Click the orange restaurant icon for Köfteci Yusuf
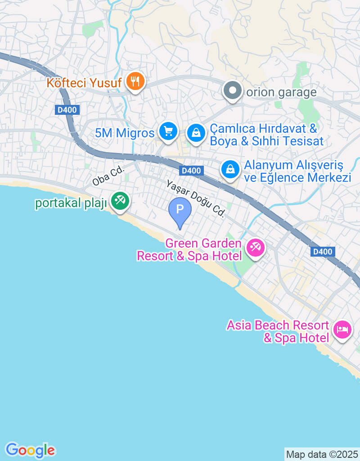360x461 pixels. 135,82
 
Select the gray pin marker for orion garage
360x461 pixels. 233,91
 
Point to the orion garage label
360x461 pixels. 282,92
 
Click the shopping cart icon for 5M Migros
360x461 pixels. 168,132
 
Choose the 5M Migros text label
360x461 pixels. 125,133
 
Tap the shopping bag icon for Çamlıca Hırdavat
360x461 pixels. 196,133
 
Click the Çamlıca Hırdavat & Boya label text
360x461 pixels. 266,135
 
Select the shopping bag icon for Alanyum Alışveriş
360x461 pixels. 230,170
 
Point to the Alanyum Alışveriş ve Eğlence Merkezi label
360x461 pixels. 297,171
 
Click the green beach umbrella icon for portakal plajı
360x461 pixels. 119,201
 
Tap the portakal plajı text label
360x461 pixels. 71,203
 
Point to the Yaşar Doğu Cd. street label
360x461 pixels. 195,199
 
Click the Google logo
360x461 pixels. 30,450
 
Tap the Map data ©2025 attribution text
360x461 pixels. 322,454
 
